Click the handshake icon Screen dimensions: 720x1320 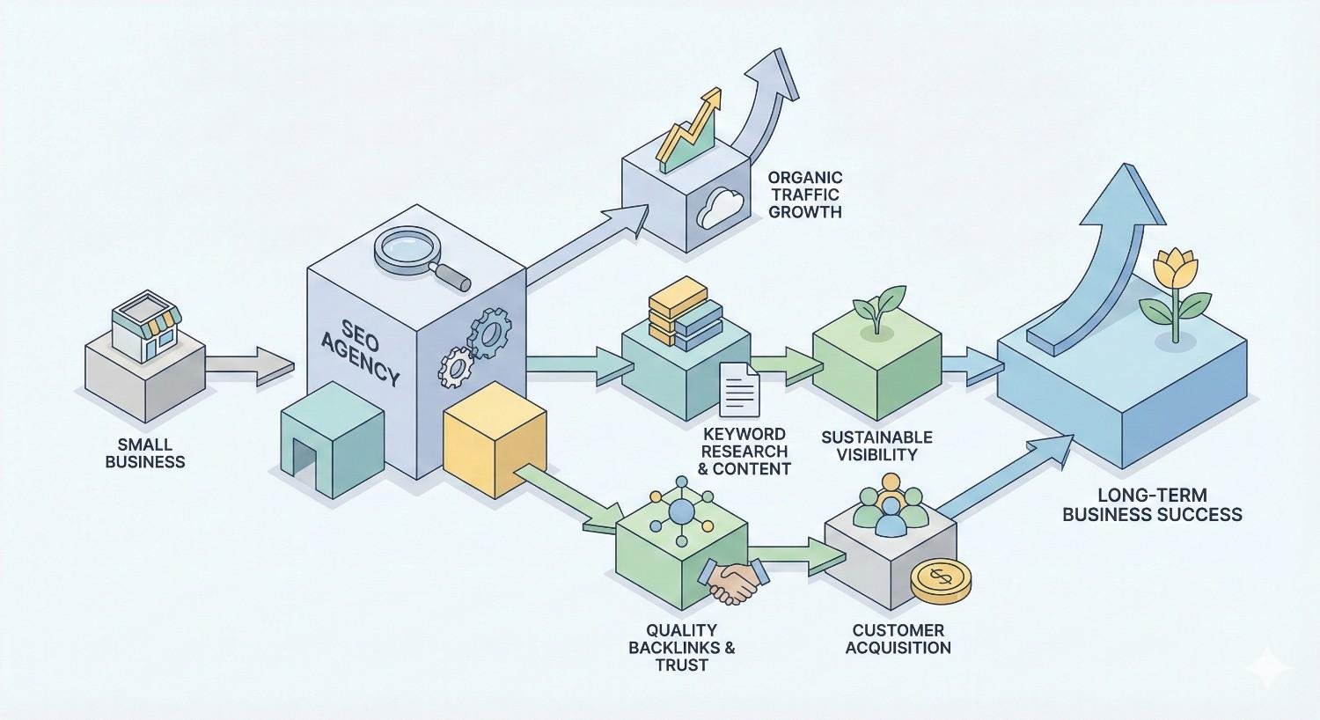coord(732,582)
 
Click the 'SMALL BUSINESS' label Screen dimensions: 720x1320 coord(145,453)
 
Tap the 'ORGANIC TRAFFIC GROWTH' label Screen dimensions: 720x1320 coord(804,195)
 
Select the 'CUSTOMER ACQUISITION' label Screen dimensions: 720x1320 coord(898,639)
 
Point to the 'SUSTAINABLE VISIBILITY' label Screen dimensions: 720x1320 coord(876,445)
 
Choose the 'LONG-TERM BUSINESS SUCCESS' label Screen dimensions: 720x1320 coord(1152,505)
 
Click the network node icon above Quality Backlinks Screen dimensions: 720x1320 coord(682,512)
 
